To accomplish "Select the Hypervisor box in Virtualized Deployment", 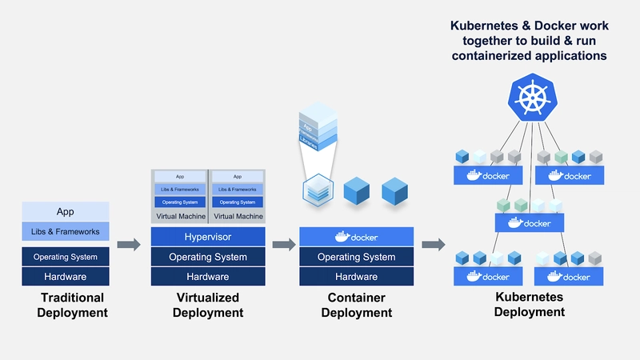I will pos(208,238).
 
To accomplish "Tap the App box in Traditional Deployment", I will pos(65,212).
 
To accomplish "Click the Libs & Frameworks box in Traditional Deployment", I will pos(65,232).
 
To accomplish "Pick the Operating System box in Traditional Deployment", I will pos(65,257).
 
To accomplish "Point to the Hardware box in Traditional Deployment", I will pos(65,277).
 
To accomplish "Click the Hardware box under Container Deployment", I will pos(356,277).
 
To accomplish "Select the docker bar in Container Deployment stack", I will pos(356,238).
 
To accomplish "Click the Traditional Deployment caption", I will pos(73,305).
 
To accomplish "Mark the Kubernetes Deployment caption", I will pos(529,304).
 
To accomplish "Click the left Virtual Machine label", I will pos(179,217).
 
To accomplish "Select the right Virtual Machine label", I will pos(238,217).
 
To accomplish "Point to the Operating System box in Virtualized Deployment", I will pos(208,257).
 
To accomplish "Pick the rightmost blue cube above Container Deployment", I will pos(394,190).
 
